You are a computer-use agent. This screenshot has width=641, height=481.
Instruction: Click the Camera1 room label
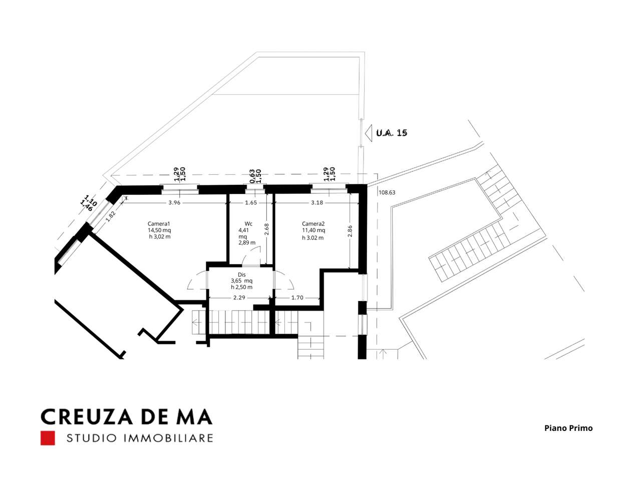159,223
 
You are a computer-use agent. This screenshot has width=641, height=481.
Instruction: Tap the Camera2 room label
313,223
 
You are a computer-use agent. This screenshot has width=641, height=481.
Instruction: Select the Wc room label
248,223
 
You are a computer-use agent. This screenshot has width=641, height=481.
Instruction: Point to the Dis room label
242,275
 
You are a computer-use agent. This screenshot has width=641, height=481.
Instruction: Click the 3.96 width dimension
174,202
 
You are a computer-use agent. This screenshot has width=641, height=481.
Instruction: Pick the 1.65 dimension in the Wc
251,202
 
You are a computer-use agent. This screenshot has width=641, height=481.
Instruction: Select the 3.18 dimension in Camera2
317,202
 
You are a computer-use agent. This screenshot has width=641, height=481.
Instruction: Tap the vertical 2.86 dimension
350,230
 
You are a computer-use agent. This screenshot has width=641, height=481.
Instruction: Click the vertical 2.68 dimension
266,229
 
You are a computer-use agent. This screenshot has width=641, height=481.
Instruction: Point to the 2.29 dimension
239,298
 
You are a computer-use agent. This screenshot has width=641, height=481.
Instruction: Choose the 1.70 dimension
297,298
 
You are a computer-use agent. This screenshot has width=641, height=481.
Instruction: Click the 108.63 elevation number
387,192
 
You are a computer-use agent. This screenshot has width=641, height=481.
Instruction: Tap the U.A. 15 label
392,133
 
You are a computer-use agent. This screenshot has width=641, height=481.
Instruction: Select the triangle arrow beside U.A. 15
369,133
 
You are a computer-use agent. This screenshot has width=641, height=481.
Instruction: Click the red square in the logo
48,438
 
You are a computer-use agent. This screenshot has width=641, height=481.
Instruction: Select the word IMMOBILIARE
169,438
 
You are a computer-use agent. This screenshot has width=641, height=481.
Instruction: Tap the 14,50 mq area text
159,230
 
